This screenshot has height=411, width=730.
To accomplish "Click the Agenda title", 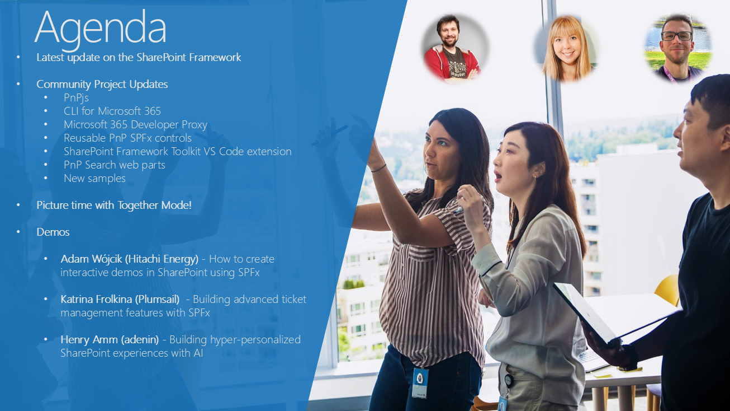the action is (101, 29).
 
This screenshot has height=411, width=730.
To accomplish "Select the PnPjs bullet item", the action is (76, 97).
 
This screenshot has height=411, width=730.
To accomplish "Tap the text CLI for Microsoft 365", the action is (112, 111).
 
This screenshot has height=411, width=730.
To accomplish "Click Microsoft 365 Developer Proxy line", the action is (135, 124).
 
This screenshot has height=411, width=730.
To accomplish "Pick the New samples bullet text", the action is (94, 178).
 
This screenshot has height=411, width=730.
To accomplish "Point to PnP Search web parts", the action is (115, 165).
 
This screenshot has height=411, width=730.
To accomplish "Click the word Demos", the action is (53, 232).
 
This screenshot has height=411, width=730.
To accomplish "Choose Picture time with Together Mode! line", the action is (114, 205).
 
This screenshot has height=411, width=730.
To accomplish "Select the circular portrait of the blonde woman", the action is (567, 48).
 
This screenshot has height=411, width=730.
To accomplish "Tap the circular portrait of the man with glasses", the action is (677, 48).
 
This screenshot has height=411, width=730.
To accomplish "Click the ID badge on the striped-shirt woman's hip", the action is (420, 382).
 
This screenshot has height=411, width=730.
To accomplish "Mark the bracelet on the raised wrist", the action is (378, 168).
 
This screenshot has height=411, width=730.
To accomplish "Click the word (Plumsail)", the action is (157, 299).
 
